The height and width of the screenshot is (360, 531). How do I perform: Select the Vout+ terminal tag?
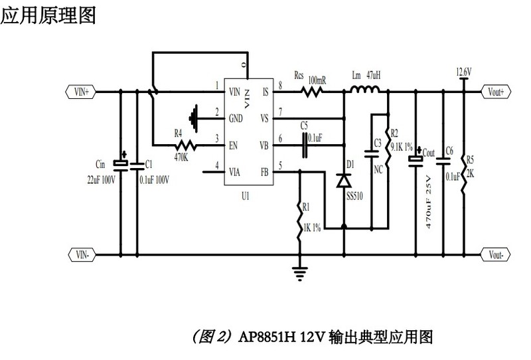coord(495,92)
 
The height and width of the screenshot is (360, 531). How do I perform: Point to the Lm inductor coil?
coord(365,90)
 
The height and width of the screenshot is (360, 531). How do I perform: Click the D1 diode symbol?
coord(344,180)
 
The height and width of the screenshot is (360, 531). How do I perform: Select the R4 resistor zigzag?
coord(187,144)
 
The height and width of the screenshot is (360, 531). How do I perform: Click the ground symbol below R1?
coord(301,271)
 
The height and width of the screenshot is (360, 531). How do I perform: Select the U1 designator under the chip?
coord(246,197)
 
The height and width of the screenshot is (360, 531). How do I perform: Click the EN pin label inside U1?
coord(233,143)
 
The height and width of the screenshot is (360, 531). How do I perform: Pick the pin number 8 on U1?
coord(280,86)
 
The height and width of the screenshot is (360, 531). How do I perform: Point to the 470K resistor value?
coord(182,157)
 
